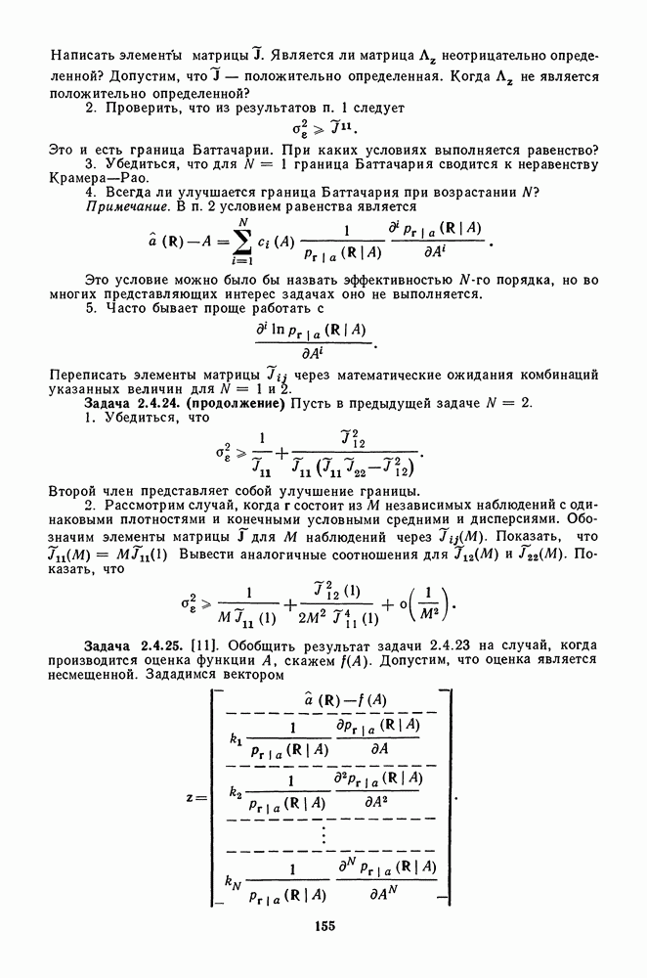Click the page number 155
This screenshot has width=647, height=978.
tap(324, 925)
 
